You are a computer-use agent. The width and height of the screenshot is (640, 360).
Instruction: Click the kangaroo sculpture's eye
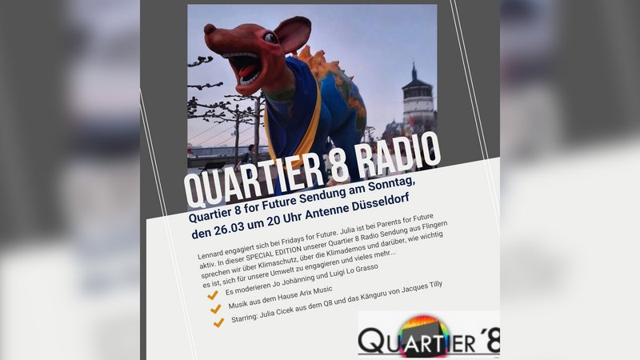(x=270, y=38)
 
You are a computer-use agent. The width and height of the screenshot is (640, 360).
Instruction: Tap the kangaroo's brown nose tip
(x=210, y=29)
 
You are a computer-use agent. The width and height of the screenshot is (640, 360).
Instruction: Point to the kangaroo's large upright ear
(x=293, y=34)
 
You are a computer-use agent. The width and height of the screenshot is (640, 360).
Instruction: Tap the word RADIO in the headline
(x=398, y=154)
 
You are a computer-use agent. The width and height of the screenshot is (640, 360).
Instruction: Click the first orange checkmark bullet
(x=212, y=294)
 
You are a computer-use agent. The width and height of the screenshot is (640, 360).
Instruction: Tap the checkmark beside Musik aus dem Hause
(x=215, y=309)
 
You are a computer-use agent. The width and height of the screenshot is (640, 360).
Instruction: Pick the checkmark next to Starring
(x=218, y=322)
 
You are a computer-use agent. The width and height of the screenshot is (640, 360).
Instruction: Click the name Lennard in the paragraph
(x=212, y=254)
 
